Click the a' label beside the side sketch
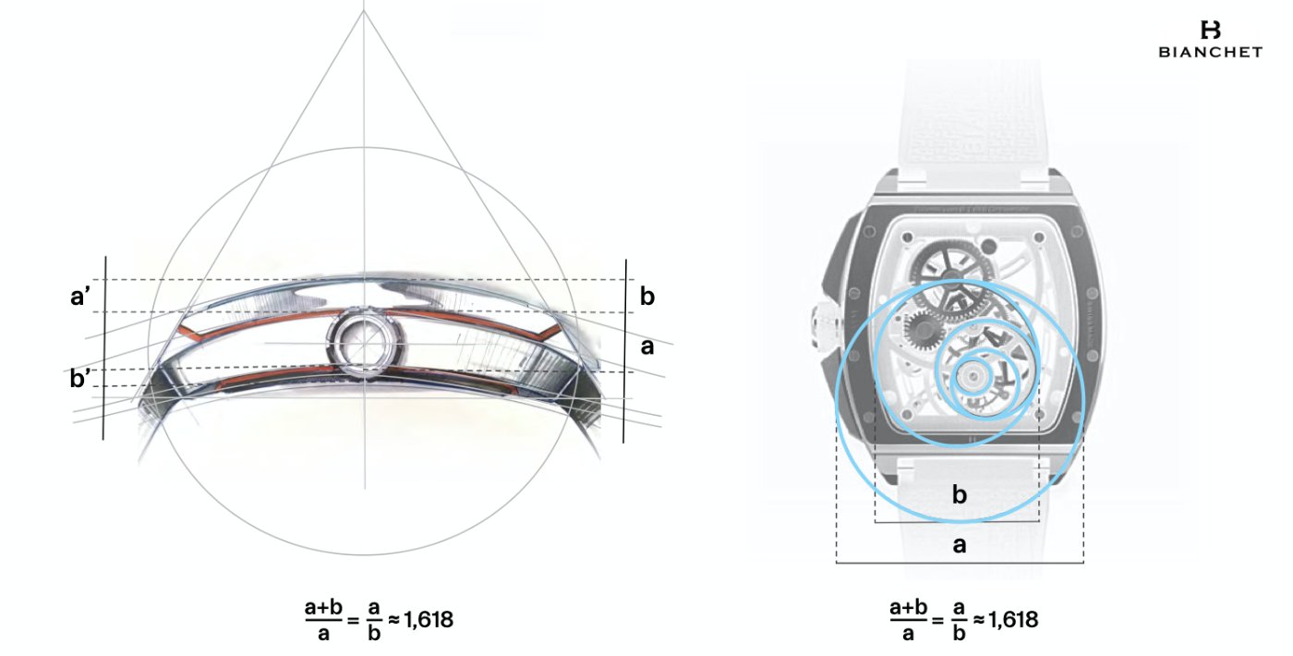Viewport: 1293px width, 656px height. [79, 297]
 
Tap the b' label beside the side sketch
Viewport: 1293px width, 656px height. [79, 379]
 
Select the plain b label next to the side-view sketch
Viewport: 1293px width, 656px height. [647, 297]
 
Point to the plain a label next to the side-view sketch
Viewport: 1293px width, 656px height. [647, 346]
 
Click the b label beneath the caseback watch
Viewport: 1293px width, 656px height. [959, 494]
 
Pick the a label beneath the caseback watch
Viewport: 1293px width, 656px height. [959, 544]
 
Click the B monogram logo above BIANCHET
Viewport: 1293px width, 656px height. [1210, 30]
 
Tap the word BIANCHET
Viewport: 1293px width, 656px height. [1211, 53]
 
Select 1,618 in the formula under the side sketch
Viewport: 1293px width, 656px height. [429, 620]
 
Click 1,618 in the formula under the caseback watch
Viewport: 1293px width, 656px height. [1013, 620]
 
